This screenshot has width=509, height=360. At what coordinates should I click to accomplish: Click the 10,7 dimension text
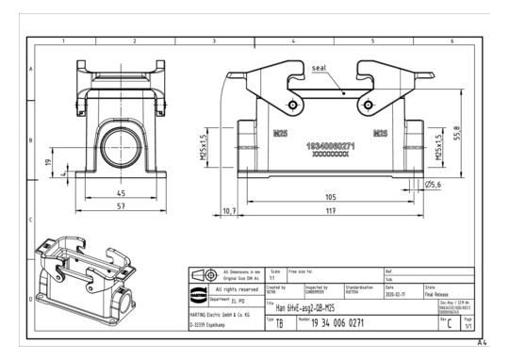click(229, 211)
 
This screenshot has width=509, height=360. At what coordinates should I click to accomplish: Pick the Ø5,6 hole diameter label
click(434, 185)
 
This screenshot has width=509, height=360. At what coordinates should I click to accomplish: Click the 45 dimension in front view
click(120, 192)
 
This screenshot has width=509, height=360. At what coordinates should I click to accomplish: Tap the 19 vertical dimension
click(49, 162)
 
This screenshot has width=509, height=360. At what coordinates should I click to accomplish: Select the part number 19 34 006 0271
click(338, 322)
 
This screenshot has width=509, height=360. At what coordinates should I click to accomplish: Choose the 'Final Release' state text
click(441, 291)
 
